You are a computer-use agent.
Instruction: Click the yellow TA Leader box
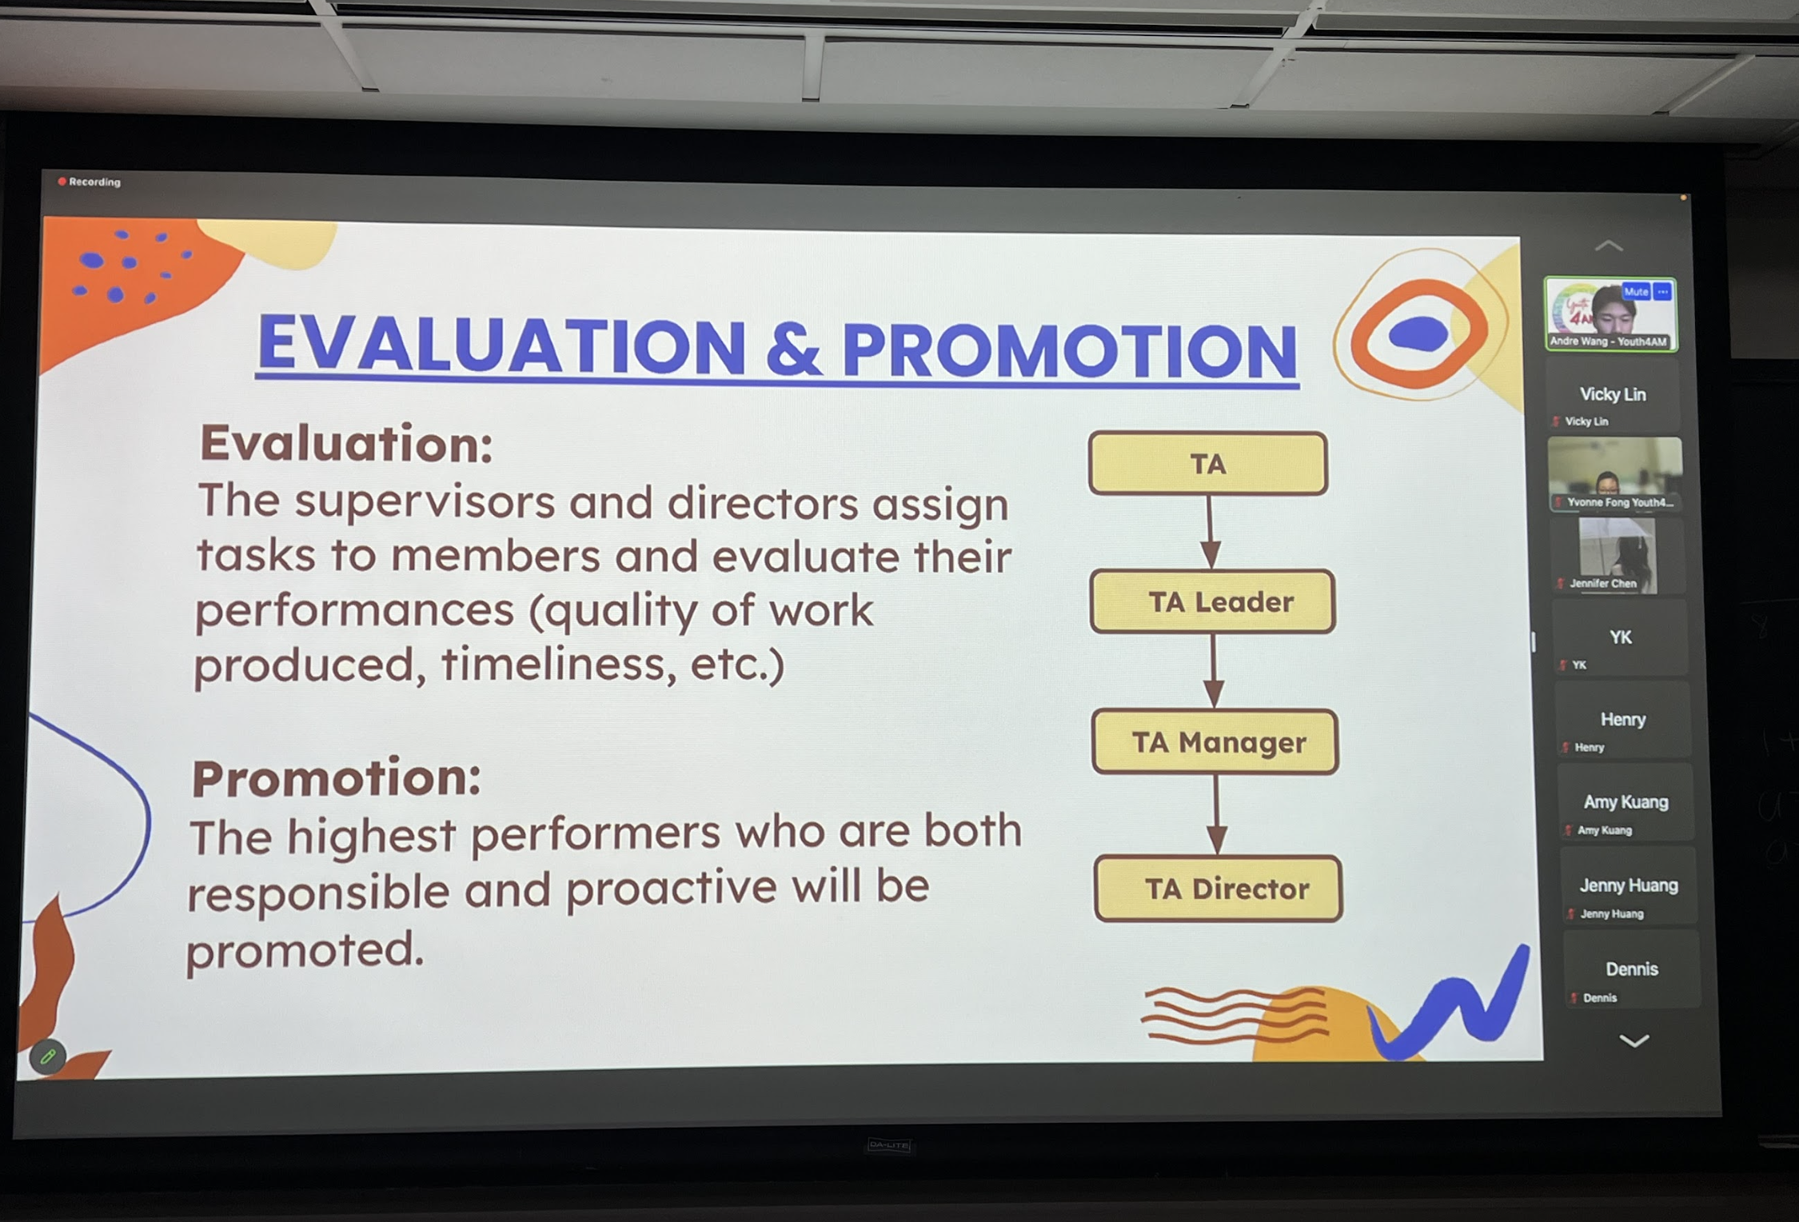click(x=1212, y=601)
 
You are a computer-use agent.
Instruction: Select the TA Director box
click(x=1219, y=889)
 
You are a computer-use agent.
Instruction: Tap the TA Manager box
click(x=1215, y=742)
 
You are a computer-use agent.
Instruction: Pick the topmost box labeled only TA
click(x=1208, y=464)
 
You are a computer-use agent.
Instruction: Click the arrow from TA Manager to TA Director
click(x=1217, y=814)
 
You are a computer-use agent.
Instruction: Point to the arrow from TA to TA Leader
click(x=1211, y=533)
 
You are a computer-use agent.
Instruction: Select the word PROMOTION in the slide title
click(x=1070, y=349)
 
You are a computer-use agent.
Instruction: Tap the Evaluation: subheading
click(x=346, y=443)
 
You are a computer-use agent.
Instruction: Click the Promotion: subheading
click(x=337, y=777)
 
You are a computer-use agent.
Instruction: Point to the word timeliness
click(x=553, y=663)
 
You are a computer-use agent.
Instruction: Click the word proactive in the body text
click(x=671, y=888)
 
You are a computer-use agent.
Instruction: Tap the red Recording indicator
click(x=89, y=182)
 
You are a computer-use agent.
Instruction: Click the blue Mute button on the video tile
click(x=1636, y=292)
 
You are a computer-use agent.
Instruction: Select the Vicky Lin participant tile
click(x=1613, y=397)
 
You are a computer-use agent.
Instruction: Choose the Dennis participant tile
click(x=1631, y=969)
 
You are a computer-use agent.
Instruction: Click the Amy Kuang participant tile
click(x=1625, y=802)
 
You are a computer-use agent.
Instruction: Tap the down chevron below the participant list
click(x=1633, y=1040)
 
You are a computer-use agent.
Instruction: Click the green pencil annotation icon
click(x=47, y=1056)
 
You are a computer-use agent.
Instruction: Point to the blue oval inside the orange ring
click(x=1418, y=333)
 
